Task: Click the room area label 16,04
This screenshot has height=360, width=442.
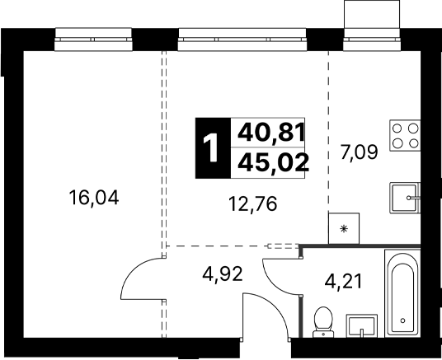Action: pos(94,199)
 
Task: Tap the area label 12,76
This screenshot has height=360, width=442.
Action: pos(253,204)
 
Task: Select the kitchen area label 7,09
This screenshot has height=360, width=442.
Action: pos(359,153)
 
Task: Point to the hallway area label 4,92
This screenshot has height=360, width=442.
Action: pos(223,274)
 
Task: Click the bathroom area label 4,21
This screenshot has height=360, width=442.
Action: pos(343,282)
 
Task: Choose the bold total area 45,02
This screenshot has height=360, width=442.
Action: pos(274,163)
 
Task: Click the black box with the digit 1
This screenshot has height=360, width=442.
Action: pos(213,148)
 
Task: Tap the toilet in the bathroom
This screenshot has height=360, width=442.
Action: pos(323,322)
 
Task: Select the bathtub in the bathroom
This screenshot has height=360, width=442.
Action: pos(402,293)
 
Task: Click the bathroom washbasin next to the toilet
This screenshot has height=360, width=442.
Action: pos(362,326)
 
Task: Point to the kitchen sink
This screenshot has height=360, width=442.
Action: pos(405,198)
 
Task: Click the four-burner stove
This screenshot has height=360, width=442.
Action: pos(405,135)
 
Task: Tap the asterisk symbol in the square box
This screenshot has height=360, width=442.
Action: pos(344,228)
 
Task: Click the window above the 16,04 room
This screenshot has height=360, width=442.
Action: pos(93,40)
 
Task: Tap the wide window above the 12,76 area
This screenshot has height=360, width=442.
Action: pos(242,40)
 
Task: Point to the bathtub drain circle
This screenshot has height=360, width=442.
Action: pos(402,320)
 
